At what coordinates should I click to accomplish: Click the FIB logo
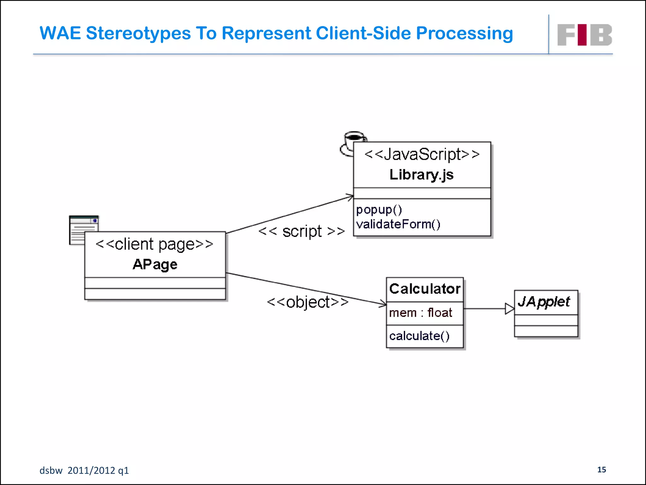click(x=584, y=35)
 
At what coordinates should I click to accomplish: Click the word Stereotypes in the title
click(x=138, y=33)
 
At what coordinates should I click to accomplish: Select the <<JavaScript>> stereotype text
click(x=422, y=154)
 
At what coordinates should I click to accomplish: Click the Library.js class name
click(x=421, y=175)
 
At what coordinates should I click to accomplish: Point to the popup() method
click(x=379, y=210)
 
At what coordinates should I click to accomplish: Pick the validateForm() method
click(x=398, y=224)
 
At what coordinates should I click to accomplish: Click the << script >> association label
click(x=302, y=231)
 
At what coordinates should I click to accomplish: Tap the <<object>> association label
click(x=308, y=302)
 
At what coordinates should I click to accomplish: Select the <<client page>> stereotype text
click(x=155, y=244)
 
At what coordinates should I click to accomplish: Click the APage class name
click(x=155, y=264)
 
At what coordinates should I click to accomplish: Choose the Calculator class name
click(x=425, y=289)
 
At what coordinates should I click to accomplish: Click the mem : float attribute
click(x=420, y=313)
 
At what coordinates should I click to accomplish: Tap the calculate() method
click(x=419, y=336)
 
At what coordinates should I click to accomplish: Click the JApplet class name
click(x=544, y=302)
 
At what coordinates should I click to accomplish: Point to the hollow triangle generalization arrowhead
click(x=509, y=309)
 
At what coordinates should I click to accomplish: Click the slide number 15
click(x=602, y=470)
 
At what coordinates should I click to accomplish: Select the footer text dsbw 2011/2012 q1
click(x=84, y=470)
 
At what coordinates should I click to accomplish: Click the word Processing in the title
click(x=464, y=33)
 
